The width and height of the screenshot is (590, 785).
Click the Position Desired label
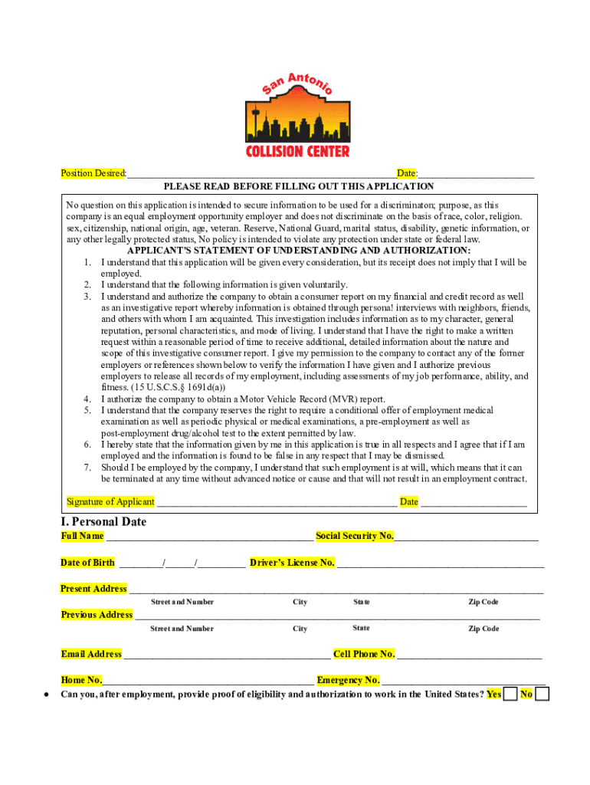[x=93, y=174]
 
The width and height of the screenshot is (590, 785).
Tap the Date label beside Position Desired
[x=406, y=174]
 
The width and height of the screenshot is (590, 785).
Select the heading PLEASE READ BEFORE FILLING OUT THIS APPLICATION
[x=298, y=186]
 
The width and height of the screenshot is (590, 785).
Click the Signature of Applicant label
[x=110, y=502]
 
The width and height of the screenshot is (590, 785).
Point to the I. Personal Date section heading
[x=103, y=522]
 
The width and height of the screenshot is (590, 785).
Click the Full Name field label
[x=82, y=536]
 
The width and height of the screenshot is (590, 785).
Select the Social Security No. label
[x=354, y=536]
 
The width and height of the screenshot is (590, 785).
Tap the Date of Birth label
[x=87, y=563]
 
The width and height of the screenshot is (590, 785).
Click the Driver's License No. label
[x=292, y=563]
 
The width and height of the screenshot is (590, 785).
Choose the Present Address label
[x=93, y=589]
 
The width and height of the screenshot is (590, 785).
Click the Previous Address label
[x=97, y=615]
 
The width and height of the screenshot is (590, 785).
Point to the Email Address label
[x=91, y=654]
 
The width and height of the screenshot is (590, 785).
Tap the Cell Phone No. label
[x=364, y=654]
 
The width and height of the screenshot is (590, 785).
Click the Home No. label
[x=81, y=680]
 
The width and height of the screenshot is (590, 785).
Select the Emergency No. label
[x=348, y=680]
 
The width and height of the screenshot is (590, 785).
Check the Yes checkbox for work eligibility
[x=510, y=695]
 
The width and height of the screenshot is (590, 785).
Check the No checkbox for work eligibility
[x=542, y=695]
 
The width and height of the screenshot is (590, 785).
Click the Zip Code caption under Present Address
[x=483, y=602]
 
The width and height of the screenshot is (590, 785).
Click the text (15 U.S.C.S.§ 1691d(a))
[x=163, y=388]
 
